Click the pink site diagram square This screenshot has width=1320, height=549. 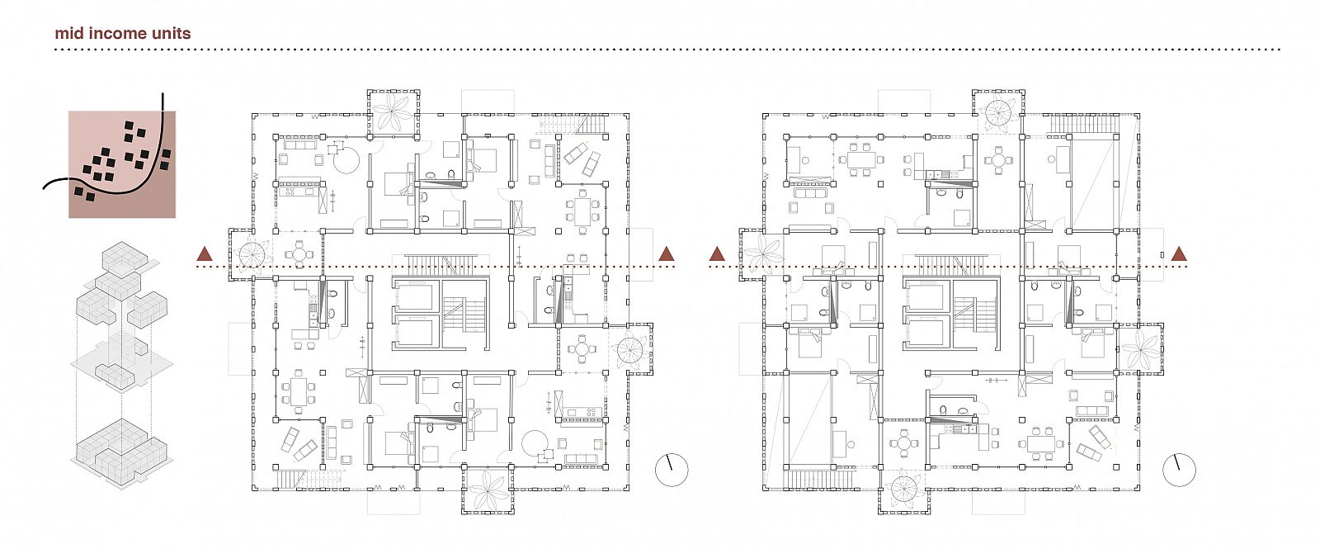click(x=122, y=164)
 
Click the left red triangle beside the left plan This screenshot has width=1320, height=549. click(x=205, y=254)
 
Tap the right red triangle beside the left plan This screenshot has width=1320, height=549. click(x=667, y=254)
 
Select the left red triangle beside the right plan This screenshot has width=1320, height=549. click(x=717, y=254)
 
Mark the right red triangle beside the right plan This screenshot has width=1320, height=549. click(x=1179, y=254)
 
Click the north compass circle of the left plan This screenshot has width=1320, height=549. click(x=672, y=470)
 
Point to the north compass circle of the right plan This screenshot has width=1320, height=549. click(x=1179, y=470)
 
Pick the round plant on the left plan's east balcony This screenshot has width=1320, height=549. click(x=630, y=348)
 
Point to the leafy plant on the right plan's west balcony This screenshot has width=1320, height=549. click(x=763, y=254)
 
